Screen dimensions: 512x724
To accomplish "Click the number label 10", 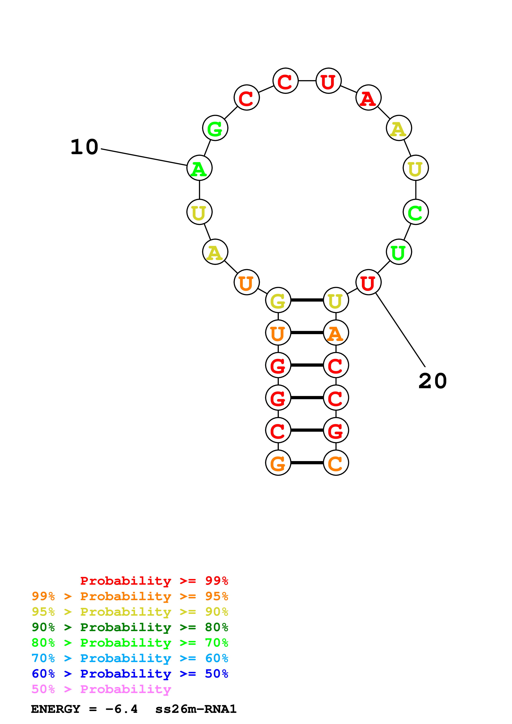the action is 84,147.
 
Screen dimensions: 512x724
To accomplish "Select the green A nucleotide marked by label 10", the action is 199,168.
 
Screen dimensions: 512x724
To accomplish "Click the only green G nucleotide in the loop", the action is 215,128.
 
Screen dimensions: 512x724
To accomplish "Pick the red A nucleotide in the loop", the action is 368,98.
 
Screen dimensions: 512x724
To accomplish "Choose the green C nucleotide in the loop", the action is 416,212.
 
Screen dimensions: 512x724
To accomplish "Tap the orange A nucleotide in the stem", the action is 336,333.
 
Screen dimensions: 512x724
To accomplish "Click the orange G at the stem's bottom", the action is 278,463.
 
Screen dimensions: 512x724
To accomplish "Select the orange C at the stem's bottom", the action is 336,463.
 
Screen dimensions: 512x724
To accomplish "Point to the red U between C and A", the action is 328,81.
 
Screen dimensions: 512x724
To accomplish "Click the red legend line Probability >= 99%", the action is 154,581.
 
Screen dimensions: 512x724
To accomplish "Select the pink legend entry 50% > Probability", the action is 101,689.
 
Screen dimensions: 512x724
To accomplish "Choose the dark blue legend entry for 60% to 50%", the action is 130,674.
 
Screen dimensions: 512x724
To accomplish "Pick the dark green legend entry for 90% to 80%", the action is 130,627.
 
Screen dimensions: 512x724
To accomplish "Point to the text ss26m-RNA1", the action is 196,709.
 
